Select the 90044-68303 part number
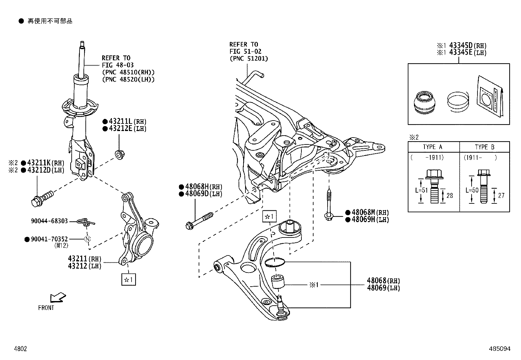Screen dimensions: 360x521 click(49, 221)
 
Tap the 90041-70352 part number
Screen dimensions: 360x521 click(49, 239)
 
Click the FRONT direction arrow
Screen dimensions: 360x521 click(58, 297)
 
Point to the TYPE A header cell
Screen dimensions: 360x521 click(433, 147)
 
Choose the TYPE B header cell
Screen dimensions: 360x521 click(484, 147)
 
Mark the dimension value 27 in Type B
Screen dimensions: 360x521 click(501, 196)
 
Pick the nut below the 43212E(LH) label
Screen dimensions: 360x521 click(120, 154)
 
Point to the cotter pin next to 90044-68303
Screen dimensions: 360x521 click(86, 222)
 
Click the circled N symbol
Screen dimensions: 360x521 click(87, 239)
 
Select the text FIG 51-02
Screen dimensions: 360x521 click(245, 51)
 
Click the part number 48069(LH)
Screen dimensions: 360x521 click(383, 288)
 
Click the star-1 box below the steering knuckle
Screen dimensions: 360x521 click(128, 280)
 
